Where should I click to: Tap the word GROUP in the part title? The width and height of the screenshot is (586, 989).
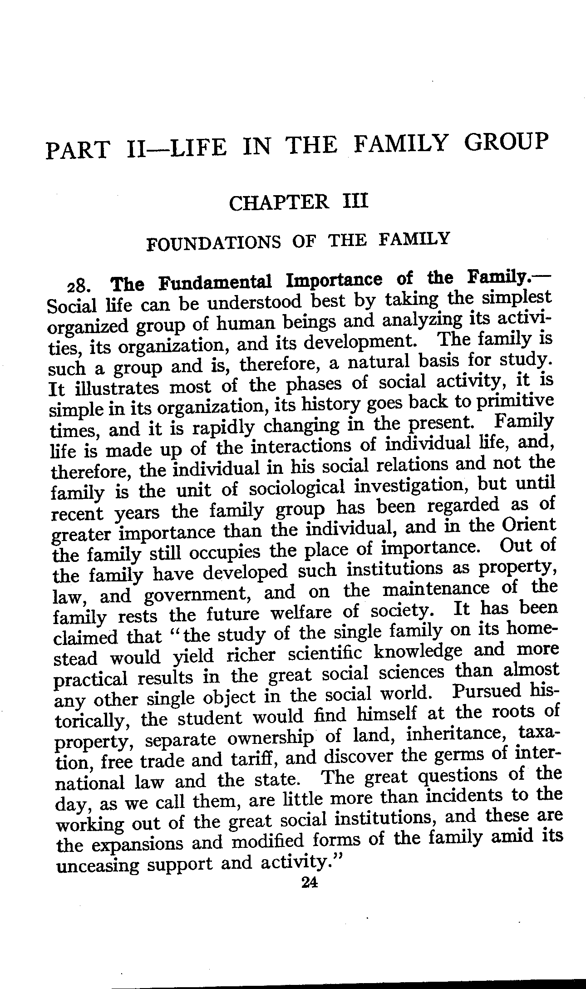tap(504, 142)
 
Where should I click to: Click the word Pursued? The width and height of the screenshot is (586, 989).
tap(487, 692)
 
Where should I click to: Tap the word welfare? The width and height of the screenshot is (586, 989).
tap(303, 613)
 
